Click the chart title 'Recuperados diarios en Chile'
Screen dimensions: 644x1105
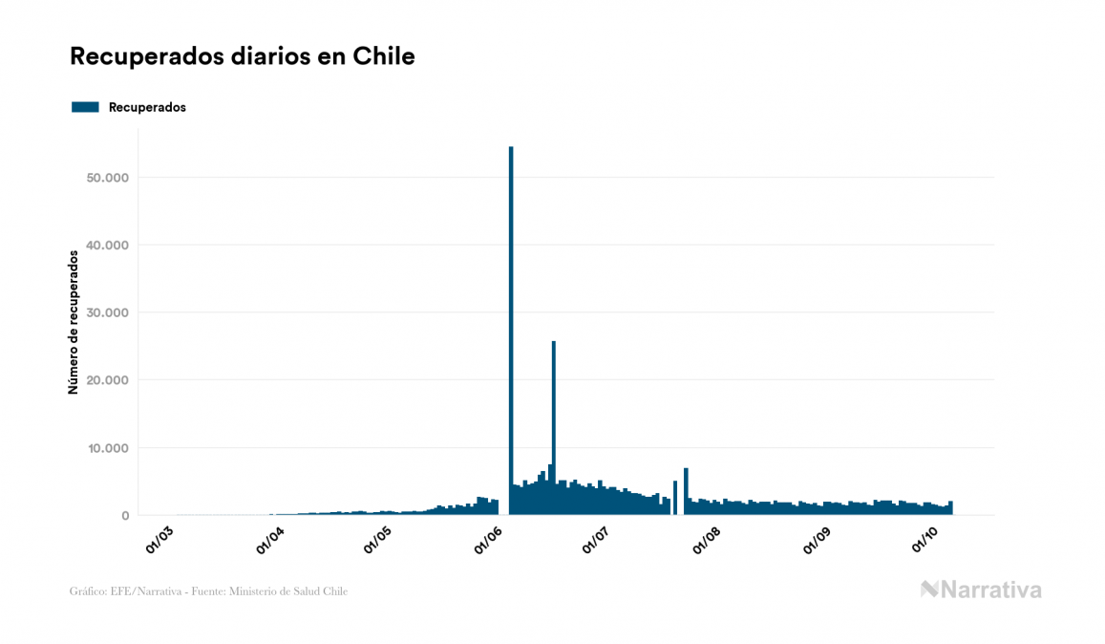click(243, 56)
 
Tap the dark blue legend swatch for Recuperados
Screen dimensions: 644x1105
click(85, 107)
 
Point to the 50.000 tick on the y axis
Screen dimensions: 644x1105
click(107, 178)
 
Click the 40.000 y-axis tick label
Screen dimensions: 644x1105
click(107, 246)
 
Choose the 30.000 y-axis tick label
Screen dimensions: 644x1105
click(107, 312)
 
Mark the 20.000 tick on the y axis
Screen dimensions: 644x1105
click(107, 380)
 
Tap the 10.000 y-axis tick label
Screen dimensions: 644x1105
click(107, 448)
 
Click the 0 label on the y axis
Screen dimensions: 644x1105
click(125, 516)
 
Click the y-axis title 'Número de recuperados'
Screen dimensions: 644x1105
click(74, 322)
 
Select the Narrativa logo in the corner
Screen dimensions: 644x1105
click(981, 590)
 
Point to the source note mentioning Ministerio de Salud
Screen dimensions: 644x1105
click(208, 591)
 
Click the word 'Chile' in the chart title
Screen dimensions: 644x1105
click(384, 56)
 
